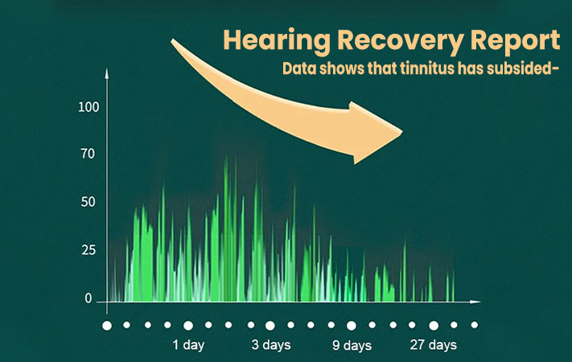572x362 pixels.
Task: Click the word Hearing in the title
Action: (x=277, y=41)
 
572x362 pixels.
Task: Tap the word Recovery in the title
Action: (x=401, y=41)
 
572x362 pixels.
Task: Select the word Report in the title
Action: (x=515, y=41)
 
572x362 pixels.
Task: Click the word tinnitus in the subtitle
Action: (x=427, y=68)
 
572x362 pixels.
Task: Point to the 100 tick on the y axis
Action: (x=88, y=107)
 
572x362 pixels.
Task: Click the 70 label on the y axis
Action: (x=88, y=154)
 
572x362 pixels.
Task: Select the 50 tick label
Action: (x=88, y=202)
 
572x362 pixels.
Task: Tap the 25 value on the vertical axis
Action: (x=88, y=250)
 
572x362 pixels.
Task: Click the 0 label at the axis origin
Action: (x=88, y=298)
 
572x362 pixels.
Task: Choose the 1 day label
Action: (x=188, y=345)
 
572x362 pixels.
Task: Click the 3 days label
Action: (x=271, y=345)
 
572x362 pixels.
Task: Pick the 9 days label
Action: (x=352, y=345)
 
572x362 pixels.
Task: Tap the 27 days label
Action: (x=434, y=345)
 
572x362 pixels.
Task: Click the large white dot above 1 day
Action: (x=188, y=326)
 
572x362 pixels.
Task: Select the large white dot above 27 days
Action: (x=434, y=326)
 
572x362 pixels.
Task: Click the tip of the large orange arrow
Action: (x=402, y=132)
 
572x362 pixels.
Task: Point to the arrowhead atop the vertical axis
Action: (x=107, y=72)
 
